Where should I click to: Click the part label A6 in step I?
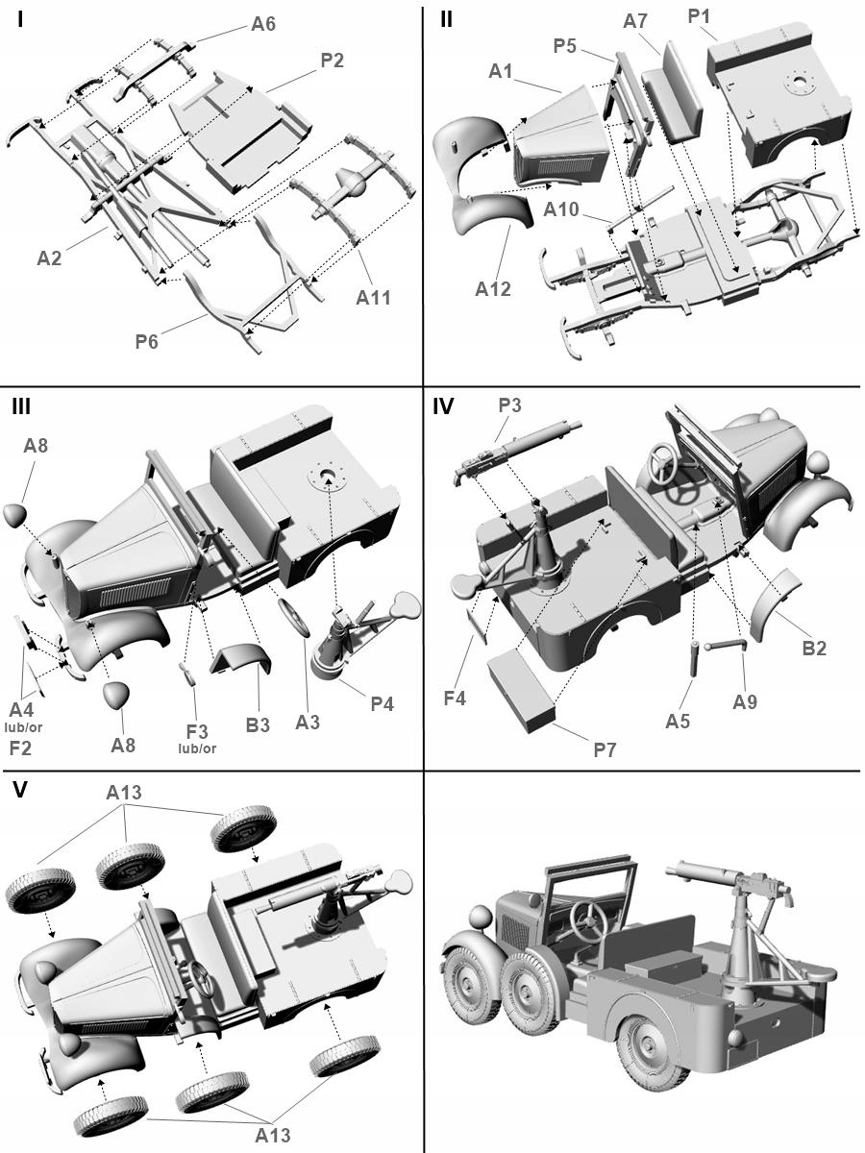tap(263, 24)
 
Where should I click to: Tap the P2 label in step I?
tap(333, 61)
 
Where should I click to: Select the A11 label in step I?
tap(375, 298)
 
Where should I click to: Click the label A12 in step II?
tap(493, 288)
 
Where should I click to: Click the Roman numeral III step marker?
tap(21, 407)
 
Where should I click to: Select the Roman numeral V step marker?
tap(19, 791)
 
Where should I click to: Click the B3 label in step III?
tap(258, 724)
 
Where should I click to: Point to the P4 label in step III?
tap(382, 704)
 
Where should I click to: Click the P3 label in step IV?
tap(509, 405)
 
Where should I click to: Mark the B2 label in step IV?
tap(814, 648)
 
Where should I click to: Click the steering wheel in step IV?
tap(669, 463)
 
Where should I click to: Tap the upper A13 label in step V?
tap(124, 793)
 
